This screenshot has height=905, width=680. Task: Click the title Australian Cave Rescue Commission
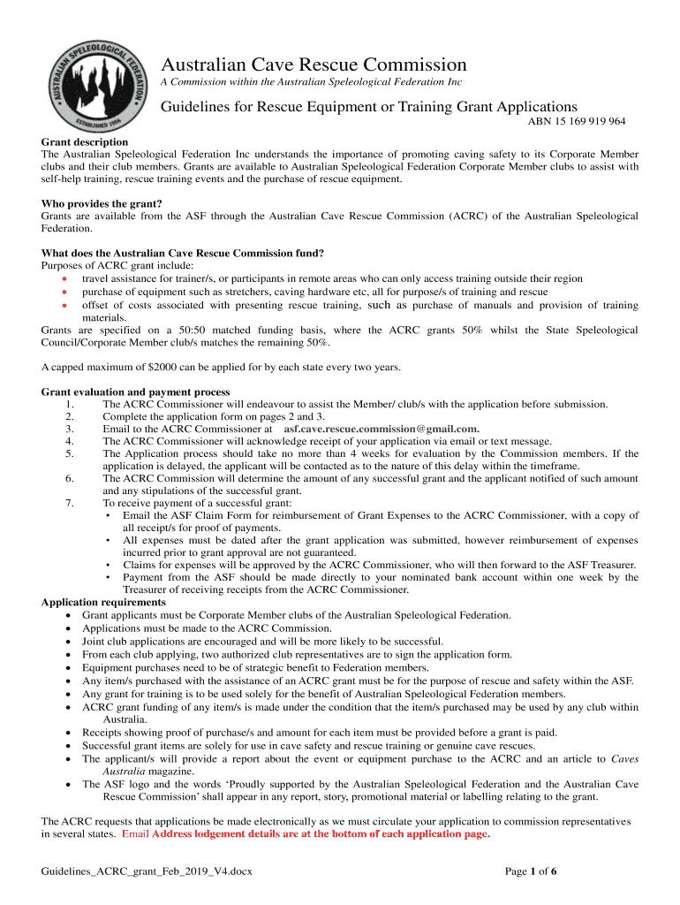point(313,65)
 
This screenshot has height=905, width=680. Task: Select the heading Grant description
point(85,141)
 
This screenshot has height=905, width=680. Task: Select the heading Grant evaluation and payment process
point(136,392)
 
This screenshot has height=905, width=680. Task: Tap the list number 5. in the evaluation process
point(70,454)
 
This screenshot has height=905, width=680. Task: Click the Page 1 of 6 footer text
point(530,871)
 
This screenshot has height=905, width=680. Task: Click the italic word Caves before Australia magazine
point(624,758)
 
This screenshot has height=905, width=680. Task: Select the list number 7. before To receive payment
point(70,504)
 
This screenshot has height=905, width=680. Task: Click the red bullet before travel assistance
point(64,279)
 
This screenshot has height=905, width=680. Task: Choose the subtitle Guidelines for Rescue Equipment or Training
point(368,107)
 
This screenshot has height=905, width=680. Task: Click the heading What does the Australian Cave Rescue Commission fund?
point(182,253)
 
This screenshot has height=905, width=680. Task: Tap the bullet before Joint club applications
point(70,642)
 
